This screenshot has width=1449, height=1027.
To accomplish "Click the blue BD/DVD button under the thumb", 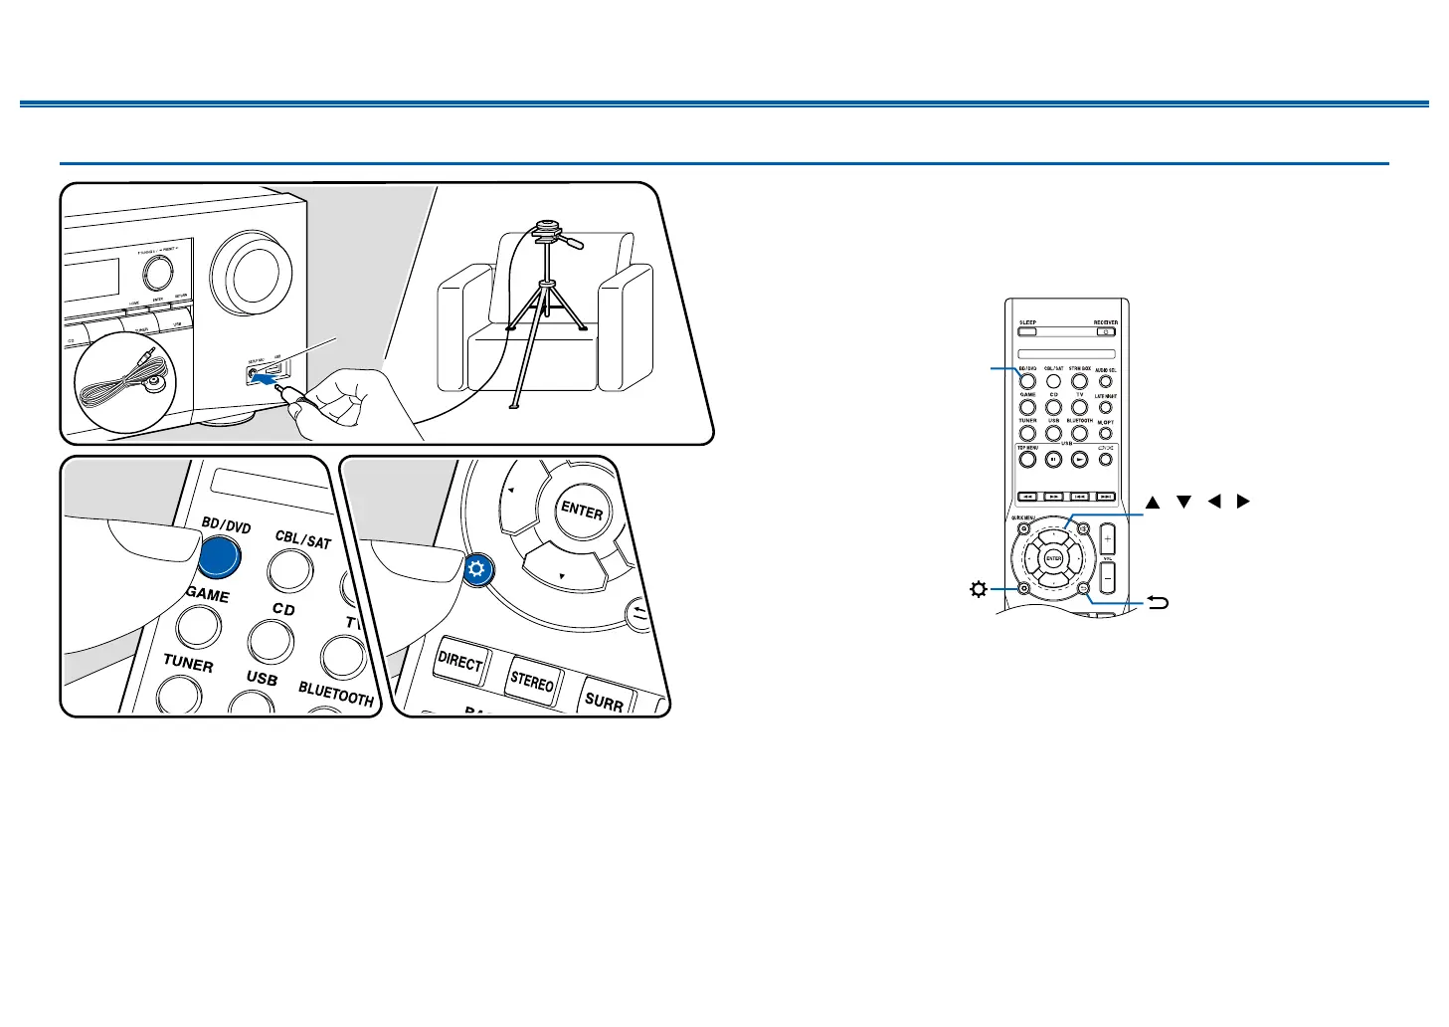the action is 220,557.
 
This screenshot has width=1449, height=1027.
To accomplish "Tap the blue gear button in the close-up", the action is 477,570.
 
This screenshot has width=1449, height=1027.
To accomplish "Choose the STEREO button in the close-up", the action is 532,683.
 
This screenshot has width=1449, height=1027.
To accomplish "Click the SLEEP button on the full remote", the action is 1027,332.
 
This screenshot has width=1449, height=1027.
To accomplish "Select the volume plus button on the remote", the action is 1107,539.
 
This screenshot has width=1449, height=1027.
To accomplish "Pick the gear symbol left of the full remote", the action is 978,590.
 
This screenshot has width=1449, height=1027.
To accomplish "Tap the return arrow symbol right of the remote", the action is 1158,602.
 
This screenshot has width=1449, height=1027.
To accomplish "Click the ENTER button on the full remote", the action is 1054,559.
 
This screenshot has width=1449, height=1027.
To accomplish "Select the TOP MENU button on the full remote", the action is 1027,460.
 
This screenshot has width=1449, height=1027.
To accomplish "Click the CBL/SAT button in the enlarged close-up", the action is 293,570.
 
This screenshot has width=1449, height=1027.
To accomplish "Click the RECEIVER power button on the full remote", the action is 1105,332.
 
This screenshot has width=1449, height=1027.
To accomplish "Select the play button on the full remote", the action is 1079,460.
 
